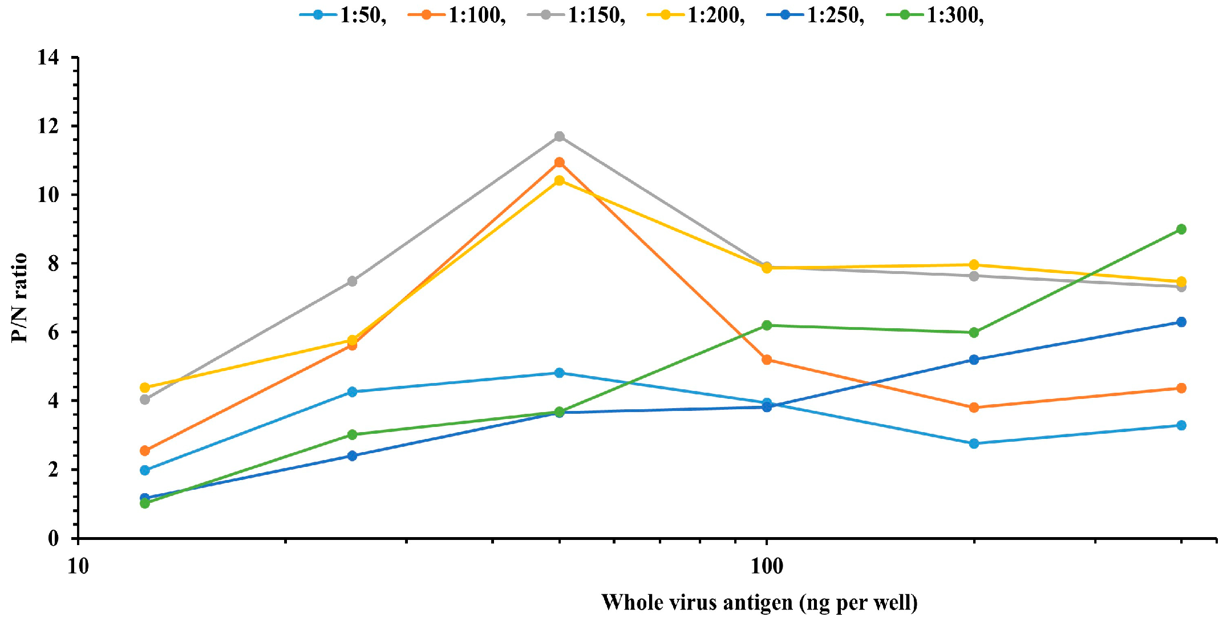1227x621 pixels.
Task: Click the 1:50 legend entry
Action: pos(343,15)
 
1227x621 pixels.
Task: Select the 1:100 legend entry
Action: pos(457,15)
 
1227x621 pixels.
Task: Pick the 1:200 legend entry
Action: pos(696,15)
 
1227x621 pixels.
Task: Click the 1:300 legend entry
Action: pos(936,15)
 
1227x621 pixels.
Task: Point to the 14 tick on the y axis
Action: pos(48,58)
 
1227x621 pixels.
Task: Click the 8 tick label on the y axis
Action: pos(53,264)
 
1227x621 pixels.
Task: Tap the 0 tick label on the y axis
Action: pos(53,538)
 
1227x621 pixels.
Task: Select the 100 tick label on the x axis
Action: pos(767,566)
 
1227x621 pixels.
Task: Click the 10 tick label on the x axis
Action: pos(78,566)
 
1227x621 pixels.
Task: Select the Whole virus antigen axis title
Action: pos(759,603)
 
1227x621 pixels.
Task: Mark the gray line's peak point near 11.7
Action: pos(560,136)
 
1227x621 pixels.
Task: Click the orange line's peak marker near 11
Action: pos(560,163)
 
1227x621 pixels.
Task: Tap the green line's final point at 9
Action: pos(1181,229)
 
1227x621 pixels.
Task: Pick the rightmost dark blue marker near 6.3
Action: pos(1181,322)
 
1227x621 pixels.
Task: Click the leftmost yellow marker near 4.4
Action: pos(145,388)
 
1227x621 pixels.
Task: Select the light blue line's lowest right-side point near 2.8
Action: pos(974,443)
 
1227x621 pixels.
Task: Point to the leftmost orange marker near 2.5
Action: pos(145,451)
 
